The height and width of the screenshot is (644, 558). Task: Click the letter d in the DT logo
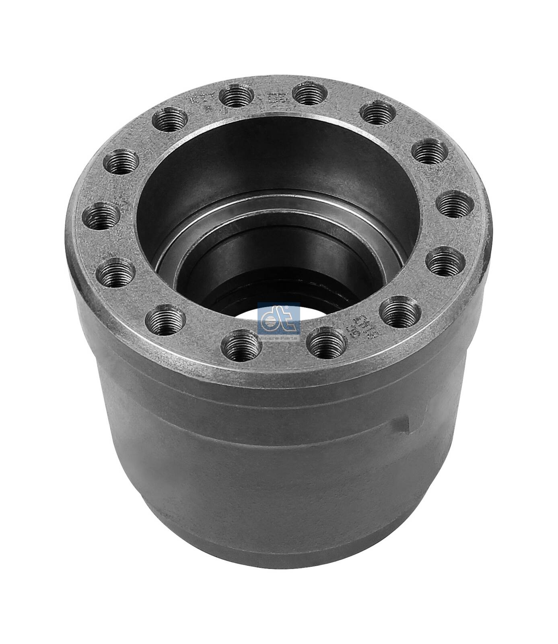point(272,318)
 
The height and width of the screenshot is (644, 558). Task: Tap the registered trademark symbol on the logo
point(297,307)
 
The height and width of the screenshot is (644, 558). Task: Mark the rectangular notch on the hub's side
point(398,426)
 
